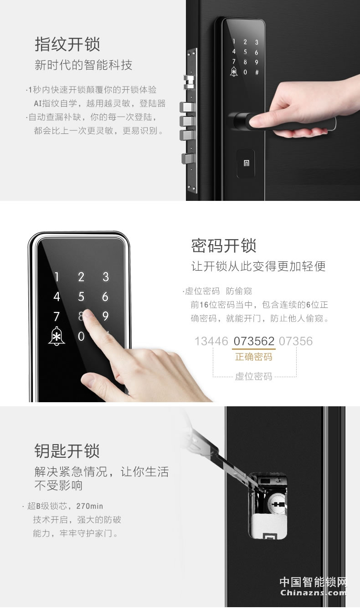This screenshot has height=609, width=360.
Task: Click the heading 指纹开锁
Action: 67,45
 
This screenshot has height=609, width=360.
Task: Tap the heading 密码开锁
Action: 224,246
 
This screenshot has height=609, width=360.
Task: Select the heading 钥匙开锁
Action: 67,450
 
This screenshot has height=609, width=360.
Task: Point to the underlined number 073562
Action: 254,341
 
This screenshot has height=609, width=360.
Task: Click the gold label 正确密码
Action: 254,357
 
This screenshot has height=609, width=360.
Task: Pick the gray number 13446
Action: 211,341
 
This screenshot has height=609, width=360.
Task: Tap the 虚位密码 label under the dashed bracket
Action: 254,376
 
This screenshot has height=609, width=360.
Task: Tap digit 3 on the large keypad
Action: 106,276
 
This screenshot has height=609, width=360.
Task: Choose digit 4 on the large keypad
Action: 57,297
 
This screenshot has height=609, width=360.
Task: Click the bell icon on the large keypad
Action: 57,337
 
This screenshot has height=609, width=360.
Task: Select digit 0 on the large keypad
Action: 81,337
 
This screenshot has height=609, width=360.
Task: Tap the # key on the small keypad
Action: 257,72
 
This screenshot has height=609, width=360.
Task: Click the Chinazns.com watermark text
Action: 313,593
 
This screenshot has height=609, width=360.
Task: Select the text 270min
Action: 89,506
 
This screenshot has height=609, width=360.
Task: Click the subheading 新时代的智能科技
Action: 83,65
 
